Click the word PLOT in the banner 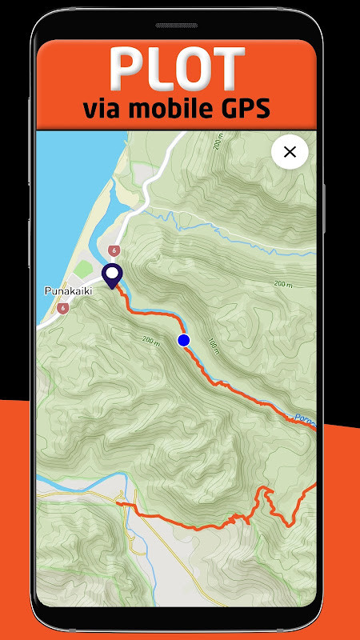pos(178,69)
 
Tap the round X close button pos(290,152)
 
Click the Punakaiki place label pos(68,291)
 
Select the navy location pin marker pos(113,276)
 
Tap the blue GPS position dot pos(184,341)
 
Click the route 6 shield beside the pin pos(115,250)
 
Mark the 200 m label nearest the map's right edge pos(283,284)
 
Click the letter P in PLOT pos(127,69)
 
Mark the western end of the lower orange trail pos(118,503)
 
